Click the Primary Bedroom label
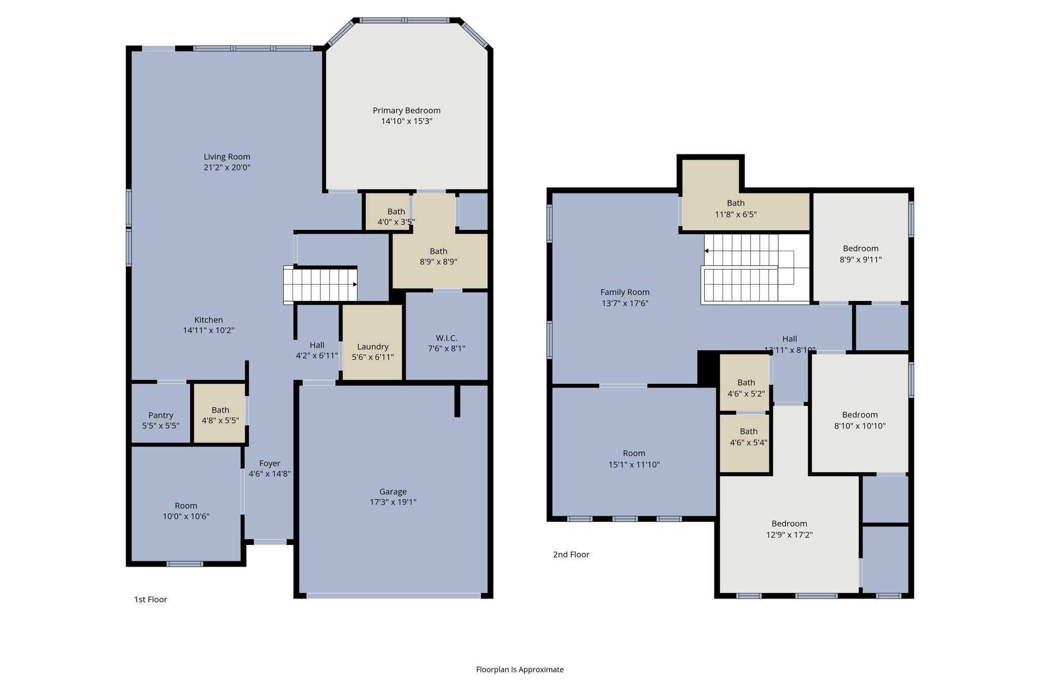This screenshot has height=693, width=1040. [x=406, y=111]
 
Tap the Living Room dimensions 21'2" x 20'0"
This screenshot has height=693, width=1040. [x=227, y=168]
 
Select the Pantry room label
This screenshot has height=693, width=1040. [x=160, y=415]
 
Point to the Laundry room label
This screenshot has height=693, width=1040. [x=372, y=347]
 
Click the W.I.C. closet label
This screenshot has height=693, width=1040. [x=446, y=338]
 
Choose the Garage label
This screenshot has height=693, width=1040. [x=393, y=491]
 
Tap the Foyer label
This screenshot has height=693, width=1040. [x=269, y=464]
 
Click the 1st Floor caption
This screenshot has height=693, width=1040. [x=150, y=600]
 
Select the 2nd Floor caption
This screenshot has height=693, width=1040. [x=571, y=554]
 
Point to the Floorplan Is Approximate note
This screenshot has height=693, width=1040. [x=519, y=670]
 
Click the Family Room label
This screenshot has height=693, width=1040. [x=625, y=292]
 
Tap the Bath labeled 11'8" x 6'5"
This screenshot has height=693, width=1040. [x=735, y=209]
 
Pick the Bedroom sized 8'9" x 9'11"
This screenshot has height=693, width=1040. [x=860, y=254]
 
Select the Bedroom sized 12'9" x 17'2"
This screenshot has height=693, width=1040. [x=789, y=529]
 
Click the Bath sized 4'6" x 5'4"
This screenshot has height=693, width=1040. [x=749, y=437]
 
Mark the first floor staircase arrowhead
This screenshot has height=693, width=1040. [x=355, y=284]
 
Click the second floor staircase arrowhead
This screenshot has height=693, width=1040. [x=706, y=251]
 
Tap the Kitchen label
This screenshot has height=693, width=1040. [x=208, y=320]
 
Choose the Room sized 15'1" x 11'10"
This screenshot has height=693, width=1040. [x=634, y=458]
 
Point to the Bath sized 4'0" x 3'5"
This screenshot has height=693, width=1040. [x=396, y=217]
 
